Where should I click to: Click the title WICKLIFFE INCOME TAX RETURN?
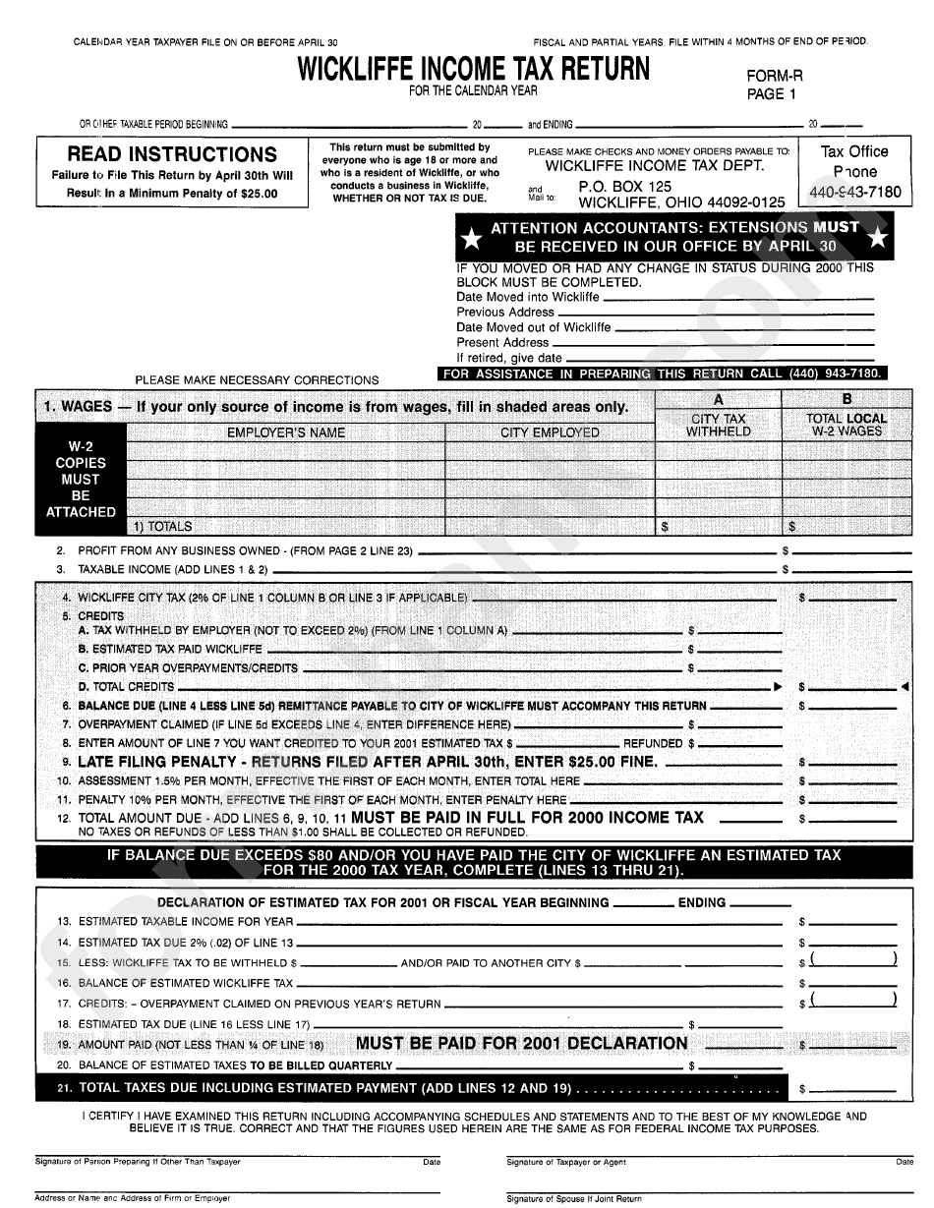[x=473, y=69]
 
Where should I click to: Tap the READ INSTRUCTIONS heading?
[x=172, y=154]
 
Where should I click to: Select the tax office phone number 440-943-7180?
[x=853, y=192]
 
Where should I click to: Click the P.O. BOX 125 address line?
[x=624, y=187]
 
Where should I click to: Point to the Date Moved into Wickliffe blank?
[x=737, y=297]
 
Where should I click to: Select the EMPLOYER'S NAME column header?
[x=286, y=432]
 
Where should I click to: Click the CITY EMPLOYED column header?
[x=550, y=432]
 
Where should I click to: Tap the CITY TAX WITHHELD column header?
[x=718, y=425]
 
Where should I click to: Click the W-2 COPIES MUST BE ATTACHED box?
[x=80, y=479]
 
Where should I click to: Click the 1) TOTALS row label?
[x=163, y=527]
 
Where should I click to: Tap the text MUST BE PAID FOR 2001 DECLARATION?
[x=521, y=1043]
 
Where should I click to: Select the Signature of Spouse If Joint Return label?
[x=574, y=1198]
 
